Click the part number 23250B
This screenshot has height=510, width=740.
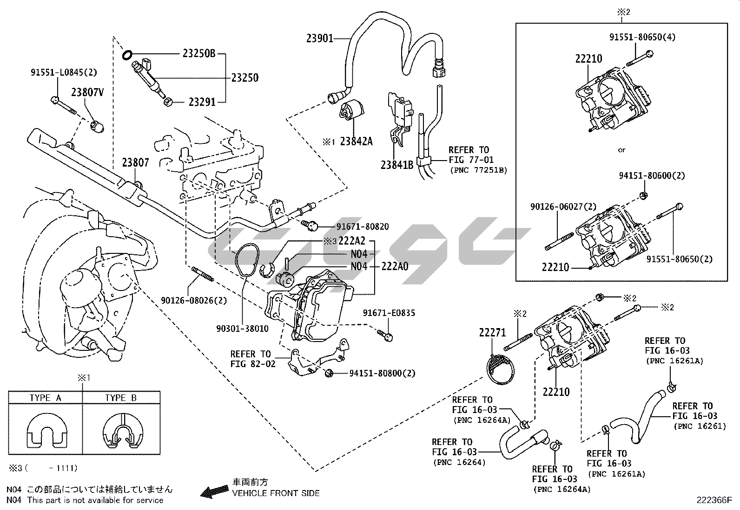199,54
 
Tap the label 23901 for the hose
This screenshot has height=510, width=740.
320,39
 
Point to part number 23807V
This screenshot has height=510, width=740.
87,92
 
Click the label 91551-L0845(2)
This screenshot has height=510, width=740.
64,72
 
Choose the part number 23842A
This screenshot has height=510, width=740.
356,141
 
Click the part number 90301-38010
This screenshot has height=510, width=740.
242,329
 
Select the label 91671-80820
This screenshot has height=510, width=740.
363,227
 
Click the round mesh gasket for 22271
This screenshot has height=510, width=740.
500,369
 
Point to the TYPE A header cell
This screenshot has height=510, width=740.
45,398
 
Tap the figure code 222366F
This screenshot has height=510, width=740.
714,500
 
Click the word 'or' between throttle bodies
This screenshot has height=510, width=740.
621,150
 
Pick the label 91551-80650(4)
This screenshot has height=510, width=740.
642,38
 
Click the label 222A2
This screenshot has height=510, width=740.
352,241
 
